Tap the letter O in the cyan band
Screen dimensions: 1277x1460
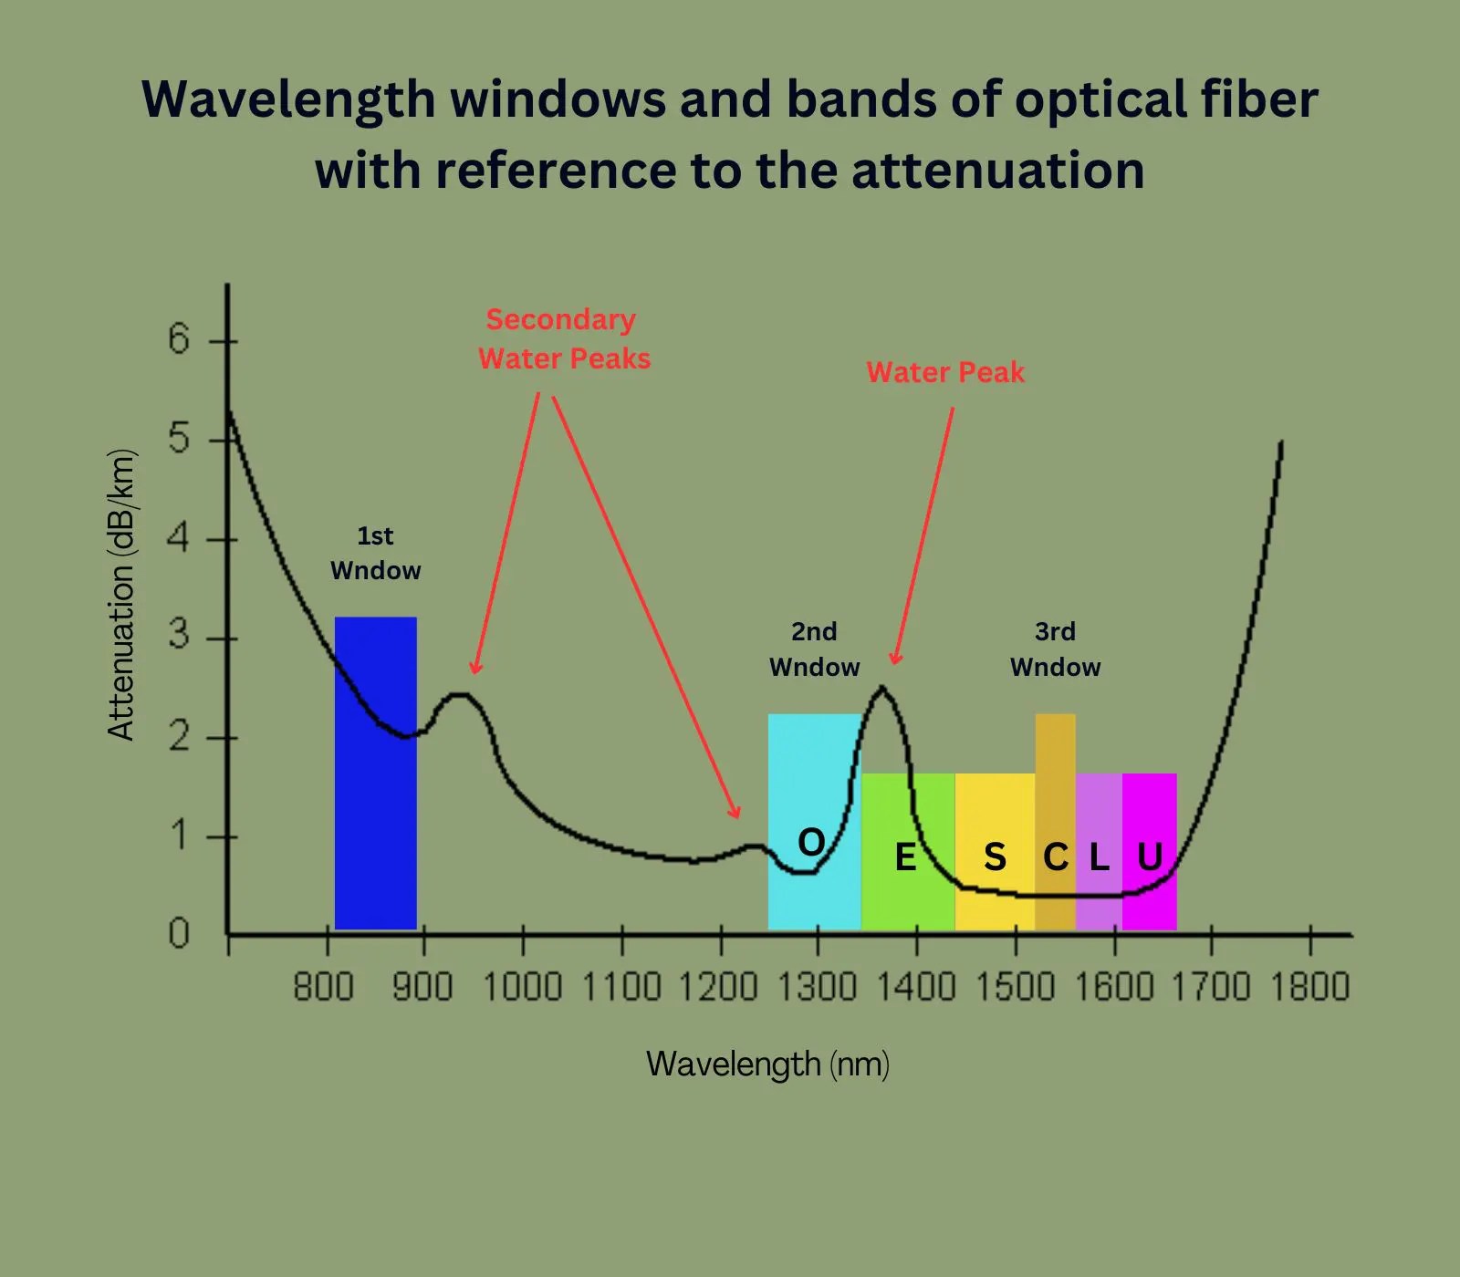click(811, 842)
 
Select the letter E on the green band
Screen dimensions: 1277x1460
click(905, 857)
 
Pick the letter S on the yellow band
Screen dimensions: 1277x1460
click(995, 857)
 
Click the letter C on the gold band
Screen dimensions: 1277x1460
click(1056, 857)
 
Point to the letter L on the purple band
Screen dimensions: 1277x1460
click(1100, 857)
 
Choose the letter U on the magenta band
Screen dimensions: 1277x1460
click(1150, 857)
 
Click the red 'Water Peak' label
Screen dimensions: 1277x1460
click(945, 372)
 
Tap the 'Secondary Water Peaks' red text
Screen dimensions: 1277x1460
click(563, 338)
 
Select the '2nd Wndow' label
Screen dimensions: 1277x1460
click(814, 649)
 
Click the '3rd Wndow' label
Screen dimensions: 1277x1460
click(1055, 649)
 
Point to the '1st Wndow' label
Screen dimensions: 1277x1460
click(375, 553)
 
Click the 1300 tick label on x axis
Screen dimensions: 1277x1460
click(817, 988)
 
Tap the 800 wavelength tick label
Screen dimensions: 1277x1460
click(323, 988)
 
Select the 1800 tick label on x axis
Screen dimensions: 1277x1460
click(1309, 988)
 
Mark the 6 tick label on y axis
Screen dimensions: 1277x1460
click(179, 339)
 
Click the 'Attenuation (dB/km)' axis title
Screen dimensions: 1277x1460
click(121, 595)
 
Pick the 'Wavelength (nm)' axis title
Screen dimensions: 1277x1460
click(767, 1064)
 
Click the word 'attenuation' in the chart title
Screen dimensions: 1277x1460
click(997, 171)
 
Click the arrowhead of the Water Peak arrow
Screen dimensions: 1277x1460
click(895, 659)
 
